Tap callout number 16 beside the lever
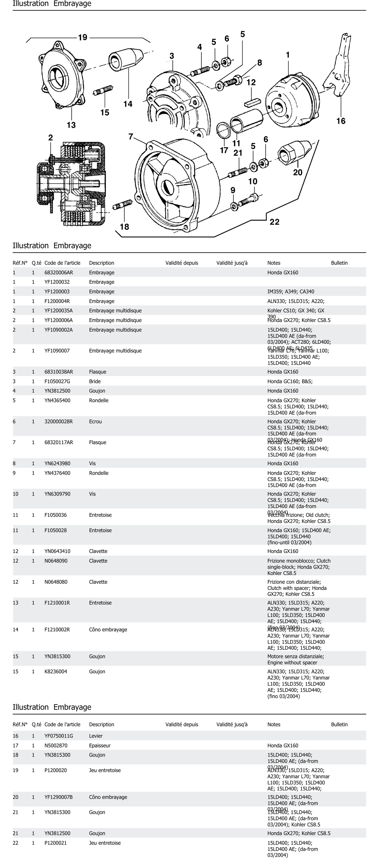click(x=341, y=121)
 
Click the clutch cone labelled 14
click(x=125, y=60)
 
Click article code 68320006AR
click(x=59, y=272)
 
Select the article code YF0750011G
click(x=59, y=736)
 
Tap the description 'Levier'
click(x=96, y=736)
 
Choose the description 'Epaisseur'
click(x=100, y=745)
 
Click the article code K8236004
click(x=56, y=671)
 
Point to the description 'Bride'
click(x=95, y=381)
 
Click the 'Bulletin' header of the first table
click(x=339, y=263)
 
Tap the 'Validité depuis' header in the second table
click(x=182, y=724)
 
